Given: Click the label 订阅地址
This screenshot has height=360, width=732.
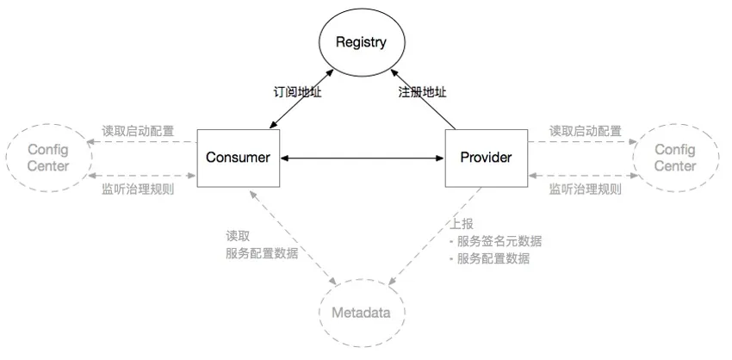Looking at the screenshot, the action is pyautogui.click(x=297, y=92).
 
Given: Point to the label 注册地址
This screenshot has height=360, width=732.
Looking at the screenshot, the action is pyautogui.click(x=422, y=92).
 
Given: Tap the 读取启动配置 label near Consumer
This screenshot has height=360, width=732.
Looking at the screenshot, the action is pyautogui.click(x=138, y=131).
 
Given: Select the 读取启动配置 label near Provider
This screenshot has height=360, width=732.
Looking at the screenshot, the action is pyautogui.click(x=586, y=131).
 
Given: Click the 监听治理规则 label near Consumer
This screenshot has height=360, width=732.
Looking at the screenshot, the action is pyautogui.click(x=138, y=189).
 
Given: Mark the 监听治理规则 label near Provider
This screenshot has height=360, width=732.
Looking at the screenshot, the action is pyautogui.click(x=586, y=189).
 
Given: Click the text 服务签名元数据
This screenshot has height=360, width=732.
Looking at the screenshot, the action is pyautogui.click(x=499, y=241).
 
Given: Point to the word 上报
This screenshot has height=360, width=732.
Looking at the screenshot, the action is pyautogui.click(x=462, y=224).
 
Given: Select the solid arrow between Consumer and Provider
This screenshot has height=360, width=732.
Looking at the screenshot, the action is pyautogui.click(x=363, y=158).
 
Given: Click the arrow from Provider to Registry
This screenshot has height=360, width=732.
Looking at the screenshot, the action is pyautogui.click(x=423, y=99).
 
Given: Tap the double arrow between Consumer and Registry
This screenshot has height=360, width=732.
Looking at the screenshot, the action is pyautogui.click(x=301, y=98).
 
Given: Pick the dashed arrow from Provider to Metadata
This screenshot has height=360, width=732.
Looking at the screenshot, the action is pyautogui.click(x=436, y=236).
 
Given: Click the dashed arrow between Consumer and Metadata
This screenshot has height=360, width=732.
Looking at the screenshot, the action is pyautogui.click(x=293, y=237).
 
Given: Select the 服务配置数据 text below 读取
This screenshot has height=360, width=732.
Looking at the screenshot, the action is pyautogui.click(x=262, y=253).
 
